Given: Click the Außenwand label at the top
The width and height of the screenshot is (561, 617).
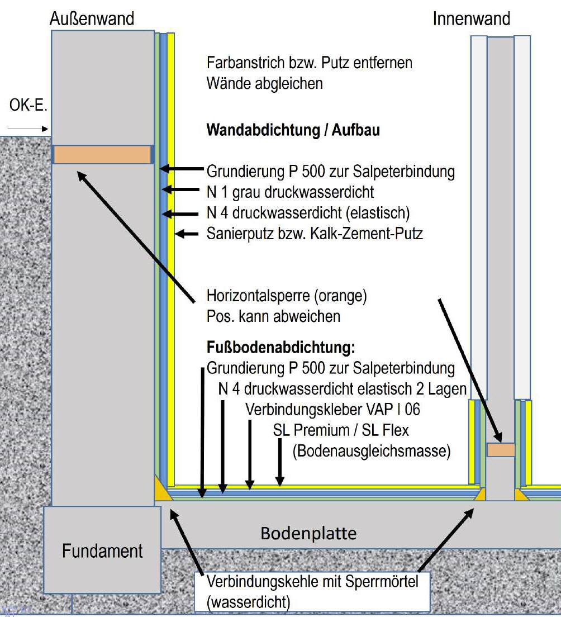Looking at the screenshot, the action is (92, 18).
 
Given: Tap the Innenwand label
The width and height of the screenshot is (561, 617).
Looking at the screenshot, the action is (471, 18).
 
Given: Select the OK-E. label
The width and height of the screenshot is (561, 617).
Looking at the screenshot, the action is (28, 105).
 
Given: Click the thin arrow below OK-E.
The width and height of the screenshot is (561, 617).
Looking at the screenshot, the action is (27, 129).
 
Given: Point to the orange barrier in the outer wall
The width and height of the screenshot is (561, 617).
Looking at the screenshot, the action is (102, 155).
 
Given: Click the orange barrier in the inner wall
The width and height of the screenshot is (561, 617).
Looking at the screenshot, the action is (501, 450).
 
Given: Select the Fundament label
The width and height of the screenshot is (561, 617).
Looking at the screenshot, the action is (102, 551).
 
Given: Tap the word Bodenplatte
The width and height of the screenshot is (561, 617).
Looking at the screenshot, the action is (308, 534).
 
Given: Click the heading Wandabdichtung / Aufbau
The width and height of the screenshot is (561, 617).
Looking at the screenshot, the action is (293, 130).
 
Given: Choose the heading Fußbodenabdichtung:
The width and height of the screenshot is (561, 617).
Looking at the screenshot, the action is (281, 347).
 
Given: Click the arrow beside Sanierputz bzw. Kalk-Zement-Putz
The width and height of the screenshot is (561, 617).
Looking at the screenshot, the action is (187, 234).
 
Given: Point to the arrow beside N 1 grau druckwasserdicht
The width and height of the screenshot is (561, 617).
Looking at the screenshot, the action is (180, 189).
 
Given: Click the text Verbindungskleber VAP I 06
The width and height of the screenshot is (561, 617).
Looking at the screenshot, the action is (333, 409).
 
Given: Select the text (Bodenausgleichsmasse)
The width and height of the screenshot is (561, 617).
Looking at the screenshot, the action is (372, 451).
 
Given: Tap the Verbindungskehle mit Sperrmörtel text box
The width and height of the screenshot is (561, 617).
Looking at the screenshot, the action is (312, 591).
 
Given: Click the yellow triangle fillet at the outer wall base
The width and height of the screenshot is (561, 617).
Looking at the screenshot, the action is (162, 490).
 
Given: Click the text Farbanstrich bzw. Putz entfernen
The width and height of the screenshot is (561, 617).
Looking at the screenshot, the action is (309, 63).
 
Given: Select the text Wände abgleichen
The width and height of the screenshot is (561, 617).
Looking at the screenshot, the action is (265, 83).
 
